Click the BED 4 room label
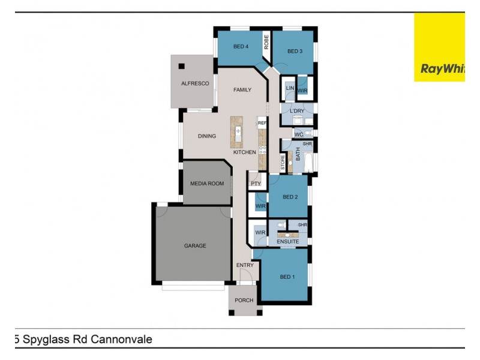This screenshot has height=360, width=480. point(241,47)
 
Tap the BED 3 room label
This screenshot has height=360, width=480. point(295,52)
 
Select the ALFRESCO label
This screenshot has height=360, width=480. point(195,84)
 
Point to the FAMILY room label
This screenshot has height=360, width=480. point(242,90)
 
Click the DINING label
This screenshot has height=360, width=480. point(207,136)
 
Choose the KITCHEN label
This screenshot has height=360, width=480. point(245,152)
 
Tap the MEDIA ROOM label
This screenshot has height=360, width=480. point(206,184)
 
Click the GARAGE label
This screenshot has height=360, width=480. point(195,246)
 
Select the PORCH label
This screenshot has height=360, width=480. point(244,301)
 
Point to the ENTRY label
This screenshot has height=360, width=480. point(245,265)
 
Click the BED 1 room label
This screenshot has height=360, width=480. point(287,277)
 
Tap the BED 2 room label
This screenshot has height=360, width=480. point(290,197)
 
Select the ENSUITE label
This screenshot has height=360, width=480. point(287,242)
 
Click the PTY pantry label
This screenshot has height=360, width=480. point(256,184)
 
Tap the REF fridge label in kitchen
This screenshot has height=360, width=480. point(262,123)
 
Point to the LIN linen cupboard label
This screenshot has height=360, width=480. point(289,88)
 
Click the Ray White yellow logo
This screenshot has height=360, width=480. point(439,48)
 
